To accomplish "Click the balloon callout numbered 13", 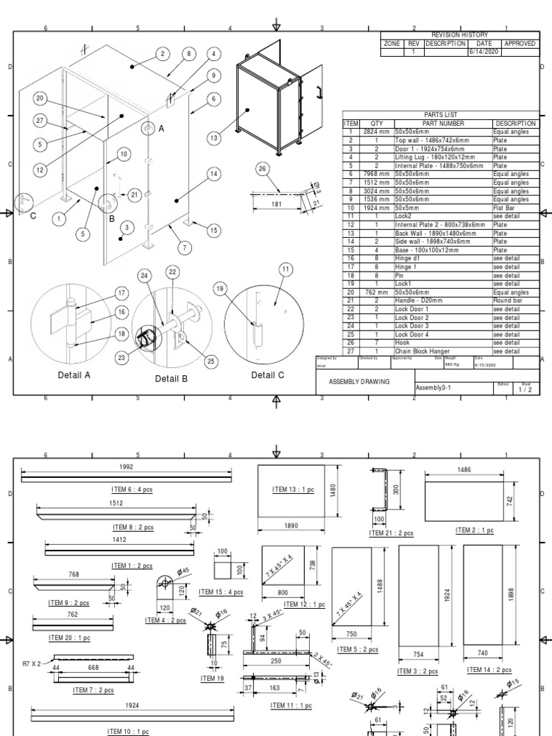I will tap(213, 138).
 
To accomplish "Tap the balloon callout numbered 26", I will tap(262, 169).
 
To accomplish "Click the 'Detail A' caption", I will tap(74, 375).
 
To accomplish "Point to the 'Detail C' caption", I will tap(267, 374).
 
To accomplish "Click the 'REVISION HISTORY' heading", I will tap(459, 34).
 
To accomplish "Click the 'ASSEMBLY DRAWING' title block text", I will tap(359, 382).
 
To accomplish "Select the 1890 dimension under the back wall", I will tap(290, 526).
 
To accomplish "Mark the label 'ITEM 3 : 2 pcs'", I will tap(417, 671).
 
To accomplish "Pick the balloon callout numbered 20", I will tap(40, 98).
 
